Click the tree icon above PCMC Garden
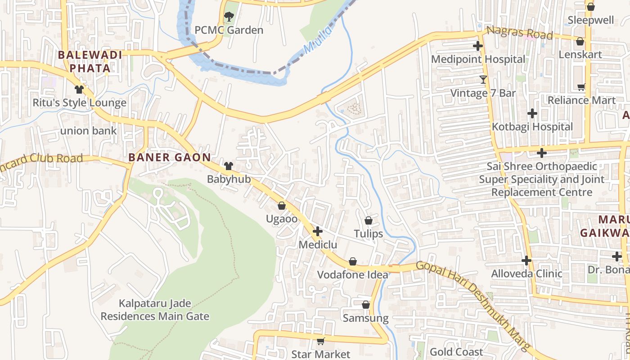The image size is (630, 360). click(229, 17)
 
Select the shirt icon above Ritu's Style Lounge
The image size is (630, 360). click(80, 89)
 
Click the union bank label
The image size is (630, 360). click(88, 131)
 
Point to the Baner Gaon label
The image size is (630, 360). click(170, 157)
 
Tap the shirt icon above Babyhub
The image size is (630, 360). click(229, 166)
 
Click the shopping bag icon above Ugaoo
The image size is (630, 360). click(282, 206)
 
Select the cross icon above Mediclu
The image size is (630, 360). click(318, 231)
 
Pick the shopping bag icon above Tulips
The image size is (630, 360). click(369, 220)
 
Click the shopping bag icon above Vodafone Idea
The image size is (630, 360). click(353, 261)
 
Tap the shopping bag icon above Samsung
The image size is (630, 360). click(366, 305)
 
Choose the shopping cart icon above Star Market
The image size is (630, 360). click(320, 341)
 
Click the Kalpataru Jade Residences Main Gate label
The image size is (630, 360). click(155, 310)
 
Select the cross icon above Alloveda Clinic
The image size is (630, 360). click(526, 261)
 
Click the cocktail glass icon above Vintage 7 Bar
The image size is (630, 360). click(483, 80)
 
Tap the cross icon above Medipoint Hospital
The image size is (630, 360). click(478, 46)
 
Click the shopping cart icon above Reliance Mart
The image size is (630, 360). click(581, 87)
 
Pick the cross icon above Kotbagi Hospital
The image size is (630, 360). click(532, 113)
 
